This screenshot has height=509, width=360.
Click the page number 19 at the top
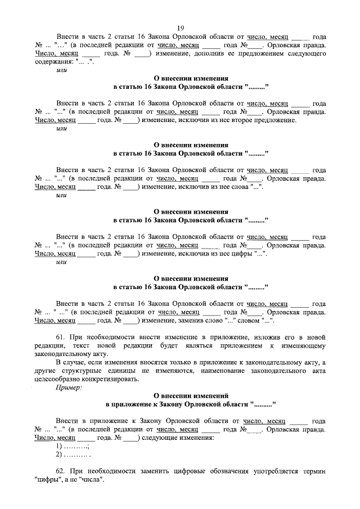[x=181, y=28]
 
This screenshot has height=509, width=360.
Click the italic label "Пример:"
[x=69, y=388]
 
